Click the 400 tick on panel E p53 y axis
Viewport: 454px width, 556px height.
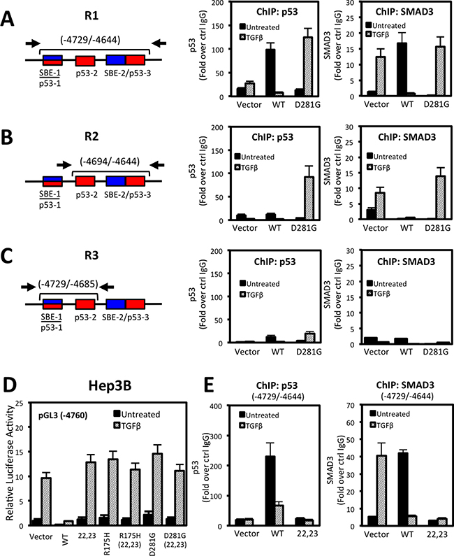(234, 406)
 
